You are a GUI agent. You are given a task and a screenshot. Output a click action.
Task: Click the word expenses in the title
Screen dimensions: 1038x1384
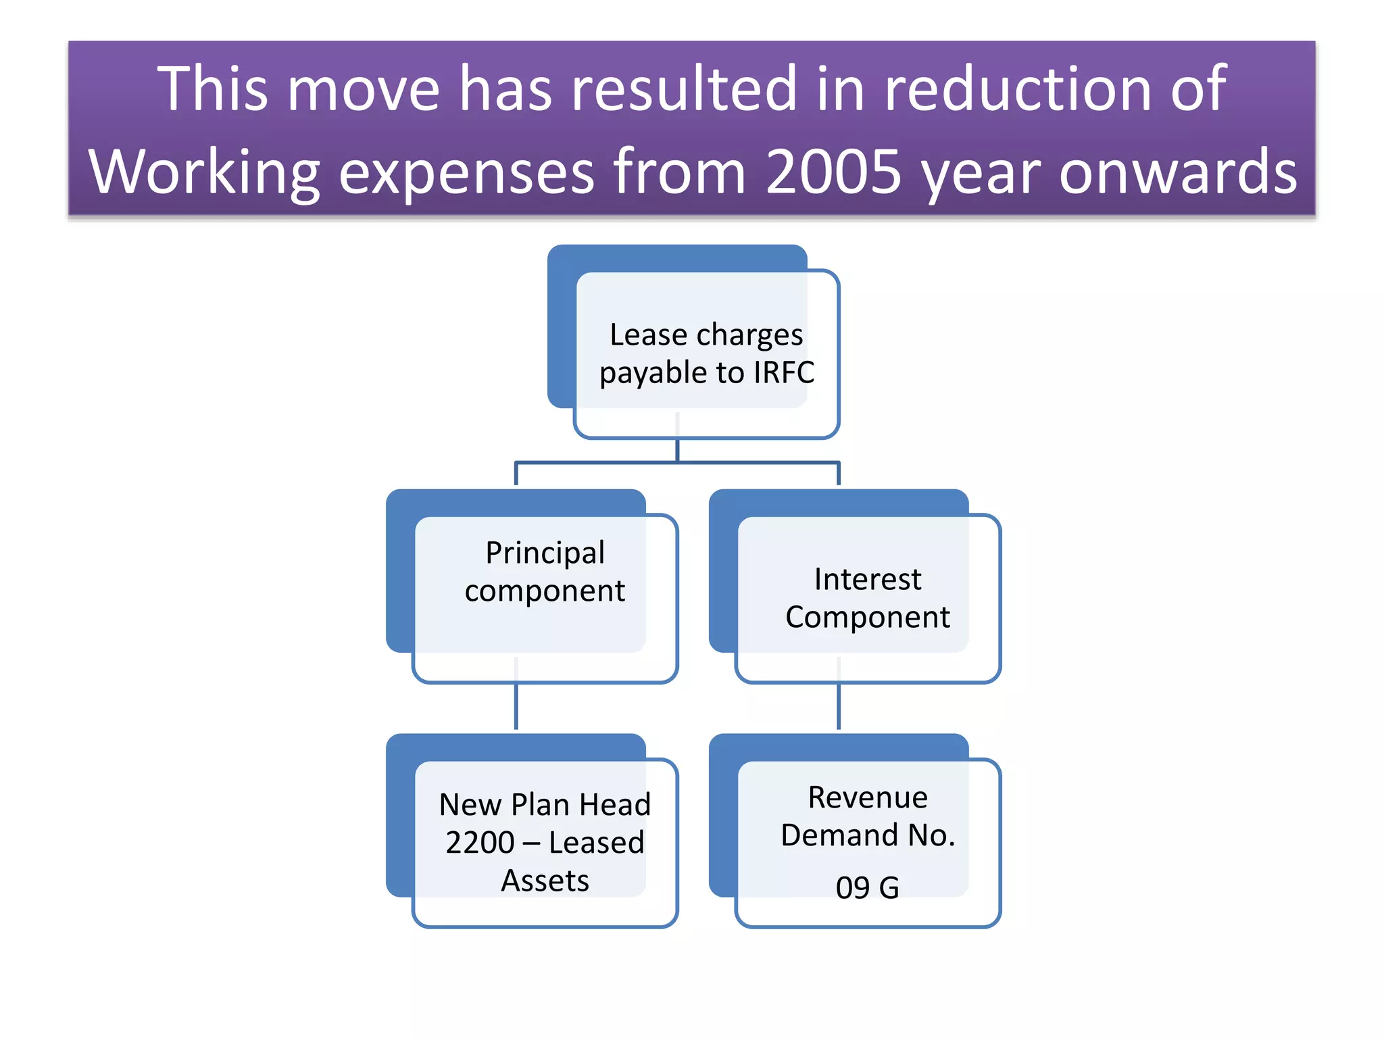pyautogui.click(x=466, y=172)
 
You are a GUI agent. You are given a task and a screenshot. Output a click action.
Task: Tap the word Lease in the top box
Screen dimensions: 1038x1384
pyautogui.click(x=648, y=335)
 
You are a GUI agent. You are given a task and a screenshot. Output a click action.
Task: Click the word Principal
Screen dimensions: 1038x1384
pyautogui.click(x=545, y=553)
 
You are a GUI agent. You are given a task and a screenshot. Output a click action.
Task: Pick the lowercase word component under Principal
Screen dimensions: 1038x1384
pyautogui.click(x=545, y=591)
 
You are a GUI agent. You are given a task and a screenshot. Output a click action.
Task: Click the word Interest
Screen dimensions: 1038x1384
pyautogui.click(x=867, y=579)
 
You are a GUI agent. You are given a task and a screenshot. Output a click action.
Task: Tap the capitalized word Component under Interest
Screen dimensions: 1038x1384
pyautogui.click(x=867, y=617)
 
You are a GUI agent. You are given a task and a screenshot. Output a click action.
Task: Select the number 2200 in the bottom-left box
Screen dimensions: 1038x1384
pyautogui.click(x=480, y=843)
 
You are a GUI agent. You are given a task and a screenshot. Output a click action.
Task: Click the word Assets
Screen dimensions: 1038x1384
pyautogui.click(x=545, y=881)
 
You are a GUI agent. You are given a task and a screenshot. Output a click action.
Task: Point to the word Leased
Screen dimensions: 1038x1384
pyautogui.click(x=596, y=843)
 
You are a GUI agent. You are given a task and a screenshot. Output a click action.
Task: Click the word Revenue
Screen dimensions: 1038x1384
pyautogui.click(x=867, y=797)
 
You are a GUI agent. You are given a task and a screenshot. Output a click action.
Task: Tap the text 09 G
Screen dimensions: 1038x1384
pyautogui.click(x=867, y=887)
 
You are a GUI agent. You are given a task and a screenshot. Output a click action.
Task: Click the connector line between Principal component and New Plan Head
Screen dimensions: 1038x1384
pyautogui.click(x=516, y=706)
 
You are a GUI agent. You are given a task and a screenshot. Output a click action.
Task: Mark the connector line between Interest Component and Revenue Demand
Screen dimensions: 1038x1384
pyautogui.click(x=839, y=706)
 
